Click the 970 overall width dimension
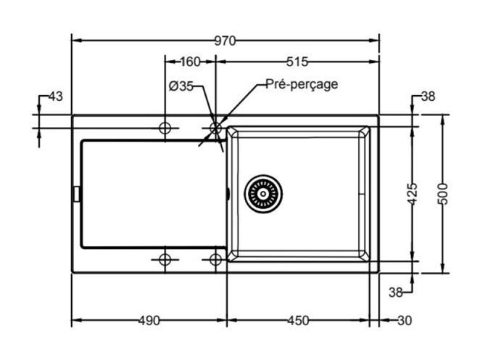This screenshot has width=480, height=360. click(225, 41)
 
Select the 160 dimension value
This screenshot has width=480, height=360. click(190, 62)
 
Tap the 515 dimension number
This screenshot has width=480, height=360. click(297, 62)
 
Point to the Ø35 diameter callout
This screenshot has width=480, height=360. click(181, 86)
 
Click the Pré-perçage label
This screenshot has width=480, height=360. click(302, 84)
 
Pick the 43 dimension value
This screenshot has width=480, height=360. click(56, 97)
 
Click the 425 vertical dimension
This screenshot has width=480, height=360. click(413, 194)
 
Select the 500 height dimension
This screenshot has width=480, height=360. click(442, 194)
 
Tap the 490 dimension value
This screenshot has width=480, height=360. click(149, 321)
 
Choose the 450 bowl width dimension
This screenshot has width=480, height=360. click(298, 321)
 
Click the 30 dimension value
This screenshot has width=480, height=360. click(405, 321)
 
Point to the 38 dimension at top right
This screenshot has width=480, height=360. click(428, 97)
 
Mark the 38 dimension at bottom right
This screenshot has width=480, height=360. click(395, 292)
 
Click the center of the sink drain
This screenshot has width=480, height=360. click(263, 194)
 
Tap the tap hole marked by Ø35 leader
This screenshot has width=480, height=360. click(215, 128)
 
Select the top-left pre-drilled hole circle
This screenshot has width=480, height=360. click(165, 128)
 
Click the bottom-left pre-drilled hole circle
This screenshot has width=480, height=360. click(165, 260)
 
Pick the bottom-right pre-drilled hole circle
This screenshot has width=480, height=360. click(215, 260)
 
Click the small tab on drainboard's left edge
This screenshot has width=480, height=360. click(77, 194)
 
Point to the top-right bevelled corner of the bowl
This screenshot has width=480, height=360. click(364, 132)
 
